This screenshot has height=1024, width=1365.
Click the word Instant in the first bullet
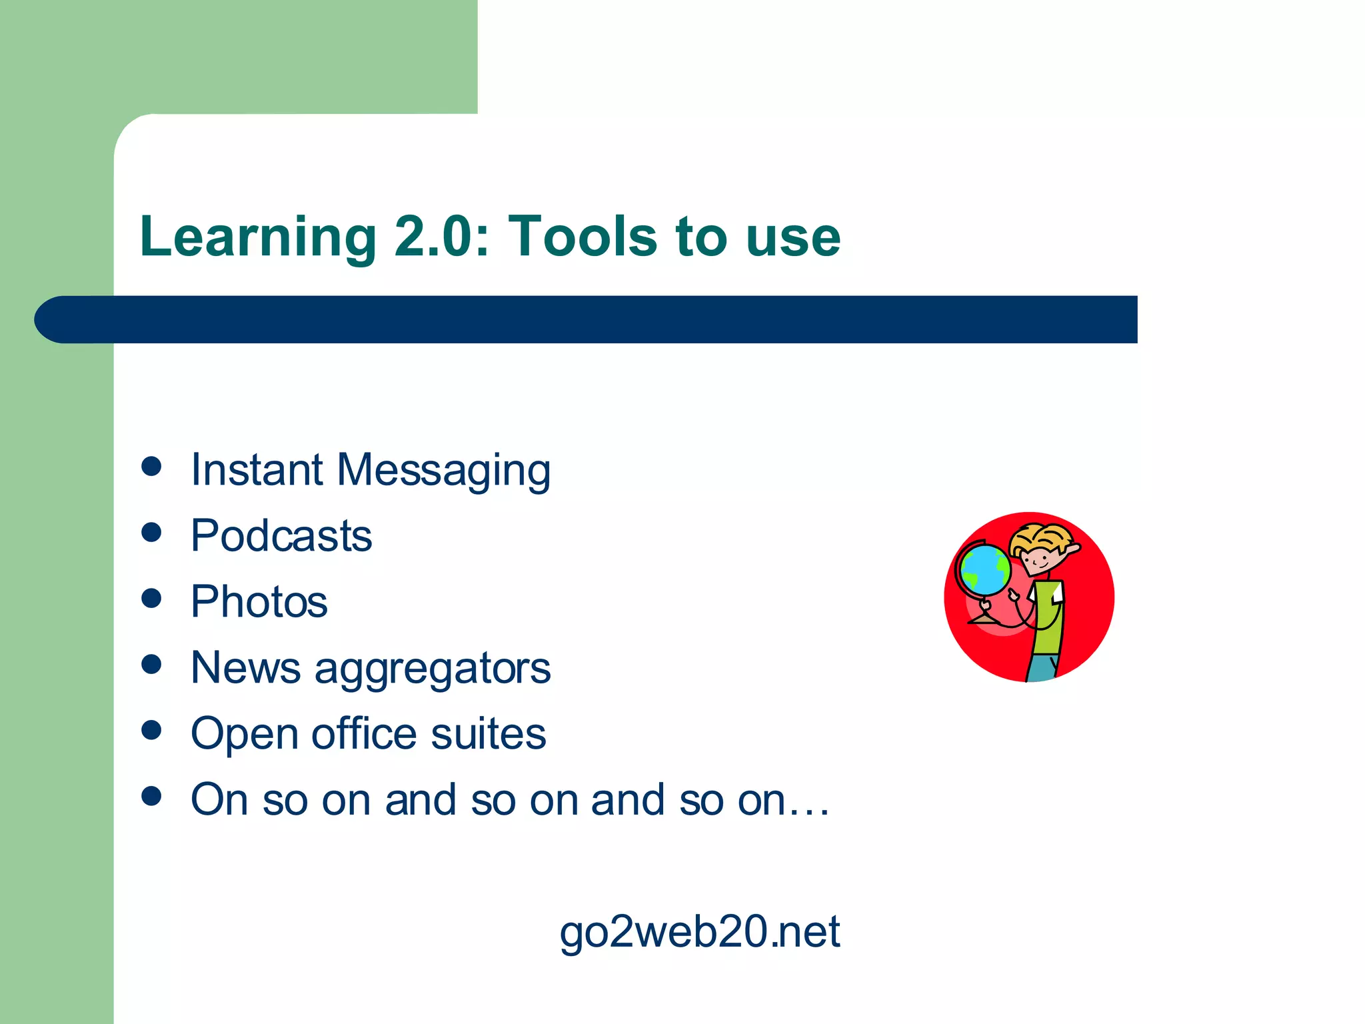pos(257,469)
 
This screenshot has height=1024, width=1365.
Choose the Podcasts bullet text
pos(281,535)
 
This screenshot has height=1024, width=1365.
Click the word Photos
pos(259,601)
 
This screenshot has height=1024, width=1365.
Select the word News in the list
pos(245,667)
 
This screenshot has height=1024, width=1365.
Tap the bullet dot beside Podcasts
pos(152,533)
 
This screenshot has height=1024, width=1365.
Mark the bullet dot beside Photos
pos(152,598)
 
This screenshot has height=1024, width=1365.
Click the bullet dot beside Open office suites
pos(152,730)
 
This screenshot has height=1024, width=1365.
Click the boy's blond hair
pos(1041,537)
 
